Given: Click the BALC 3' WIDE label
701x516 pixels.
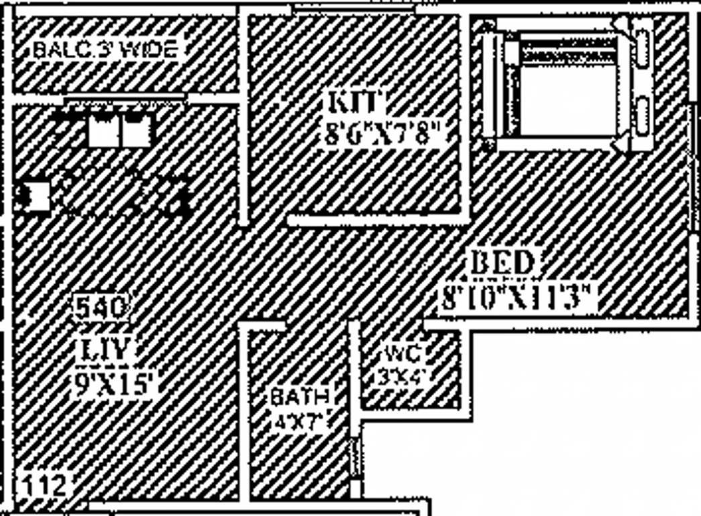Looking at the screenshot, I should (x=106, y=50).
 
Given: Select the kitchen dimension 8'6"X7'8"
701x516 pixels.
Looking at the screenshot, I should (x=384, y=134).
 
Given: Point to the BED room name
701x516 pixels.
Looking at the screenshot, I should (x=502, y=263).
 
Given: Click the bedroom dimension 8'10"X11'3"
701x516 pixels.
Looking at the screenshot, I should (x=519, y=296).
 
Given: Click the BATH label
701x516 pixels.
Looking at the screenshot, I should (x=300, y=396).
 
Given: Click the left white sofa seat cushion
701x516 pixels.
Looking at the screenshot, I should (x=103, y=131).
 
